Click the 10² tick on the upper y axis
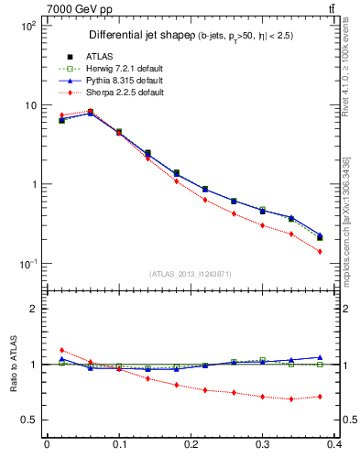29,27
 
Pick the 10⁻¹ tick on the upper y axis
29,264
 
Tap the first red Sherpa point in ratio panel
61,350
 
